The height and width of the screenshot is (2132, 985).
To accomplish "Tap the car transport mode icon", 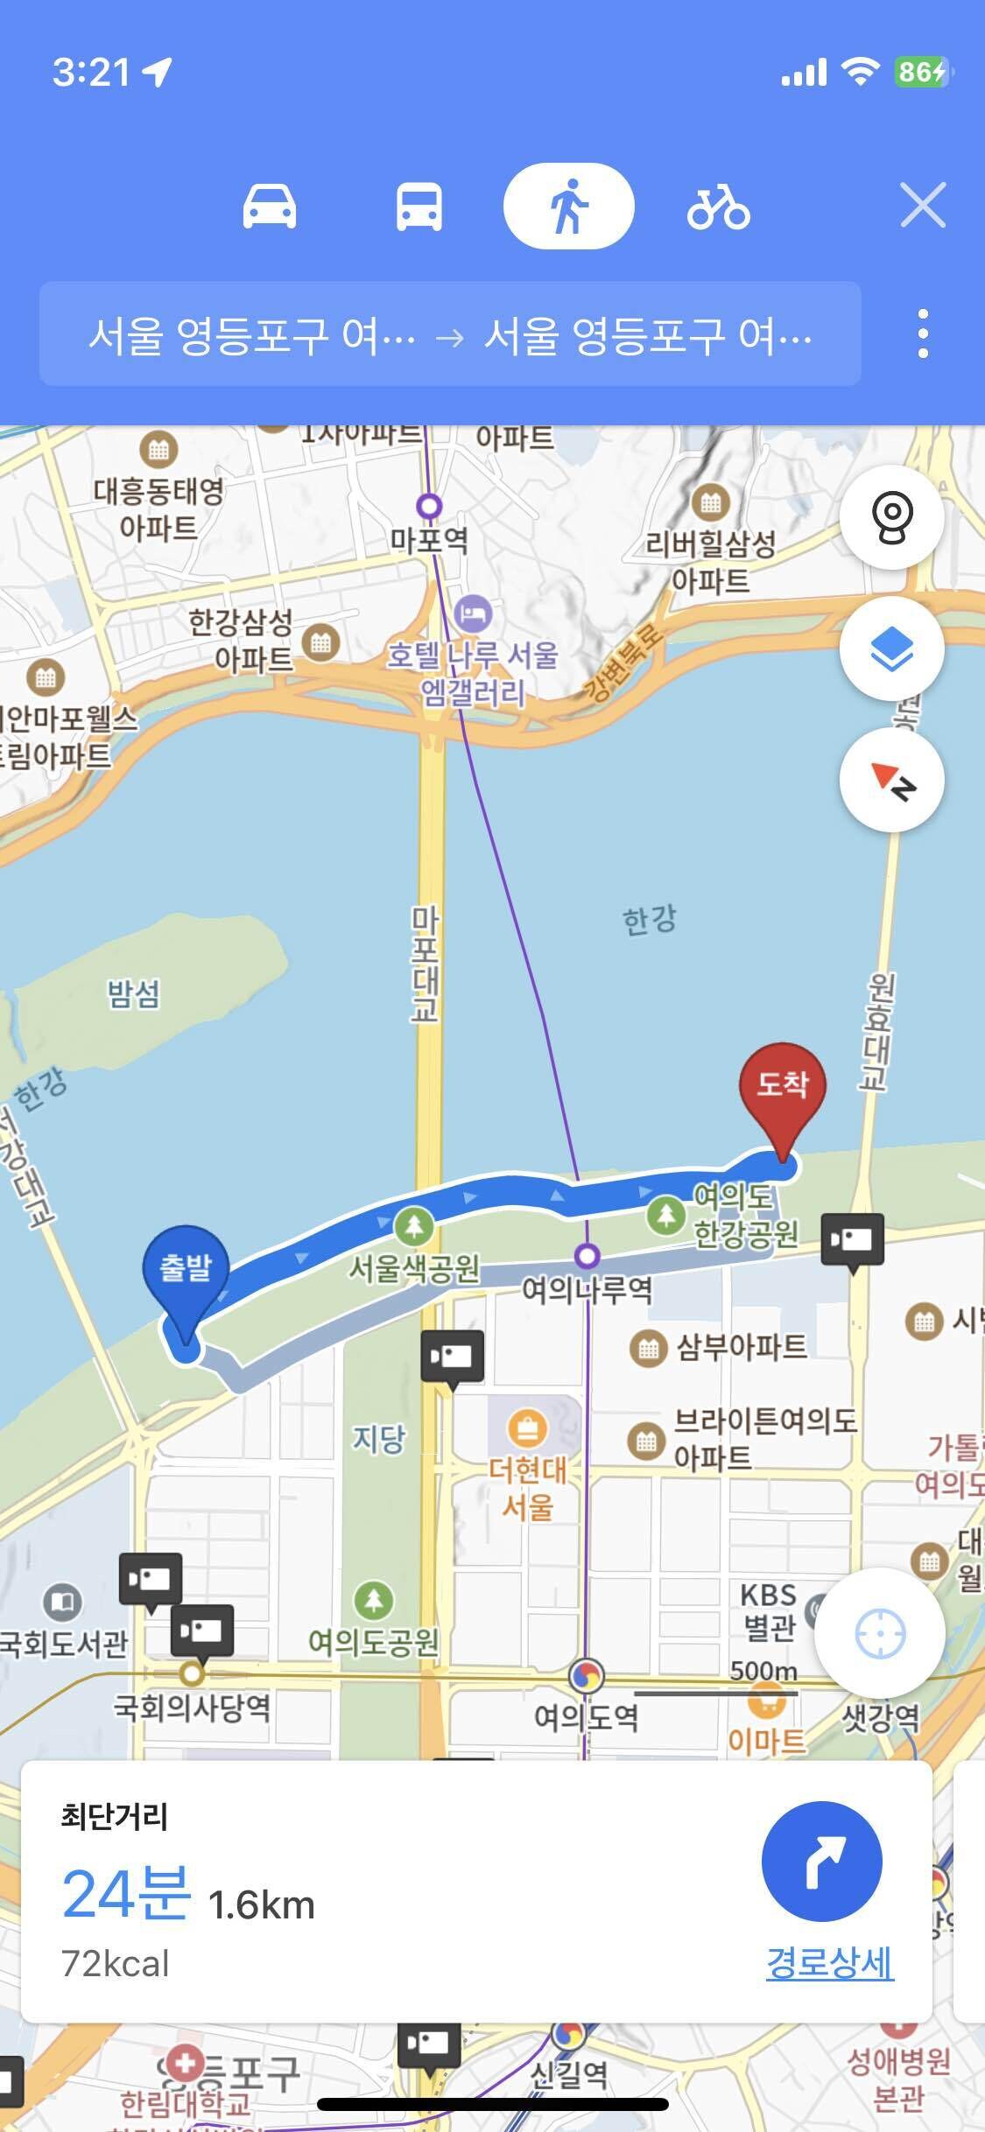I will pyautogui.click(x=269, y=207).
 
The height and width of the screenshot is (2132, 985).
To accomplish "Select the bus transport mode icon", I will pyautogui.click(x=419, y=207).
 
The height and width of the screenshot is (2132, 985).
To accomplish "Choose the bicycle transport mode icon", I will pyautogui.click(x=718, y=207).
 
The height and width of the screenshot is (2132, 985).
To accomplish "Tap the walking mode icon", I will pyautogui.click(x=568, y=207).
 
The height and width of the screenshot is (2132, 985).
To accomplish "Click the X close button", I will pyautogui.click(x=923, y=207).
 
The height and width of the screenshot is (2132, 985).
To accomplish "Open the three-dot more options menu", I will pyautogui.click(x=923, y=333).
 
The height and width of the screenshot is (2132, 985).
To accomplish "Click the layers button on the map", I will pyautogui.click(x=891, y=649).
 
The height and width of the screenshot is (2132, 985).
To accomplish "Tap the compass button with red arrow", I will pyautogui.click(x=891, y=780).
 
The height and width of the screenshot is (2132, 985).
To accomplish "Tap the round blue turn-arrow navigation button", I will pyautogui.click(x=821, y=1862).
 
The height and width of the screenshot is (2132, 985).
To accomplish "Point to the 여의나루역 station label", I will pyautogui.click(x=587, y=1290).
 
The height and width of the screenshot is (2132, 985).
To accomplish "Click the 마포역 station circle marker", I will pyautogui.click(x=429, y=506).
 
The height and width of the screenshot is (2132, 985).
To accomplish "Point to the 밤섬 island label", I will pyautogui.click(x=133, y=993).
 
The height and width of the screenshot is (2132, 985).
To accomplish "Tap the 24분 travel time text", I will pyautogui.click(x=126, y=1893).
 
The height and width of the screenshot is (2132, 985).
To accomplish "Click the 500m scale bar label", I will pyautogui.click(x=763, y=1670).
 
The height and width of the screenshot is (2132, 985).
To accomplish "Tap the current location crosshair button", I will pyautogui.click(x=879, y=1633).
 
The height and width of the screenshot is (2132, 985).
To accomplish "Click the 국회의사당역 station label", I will pyautogui.click(x=192, y=1707).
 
